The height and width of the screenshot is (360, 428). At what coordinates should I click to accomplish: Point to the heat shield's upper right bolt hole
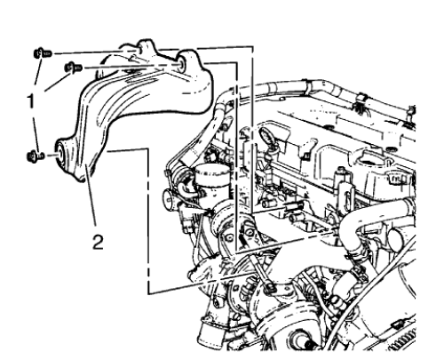[x=180, y=63]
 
